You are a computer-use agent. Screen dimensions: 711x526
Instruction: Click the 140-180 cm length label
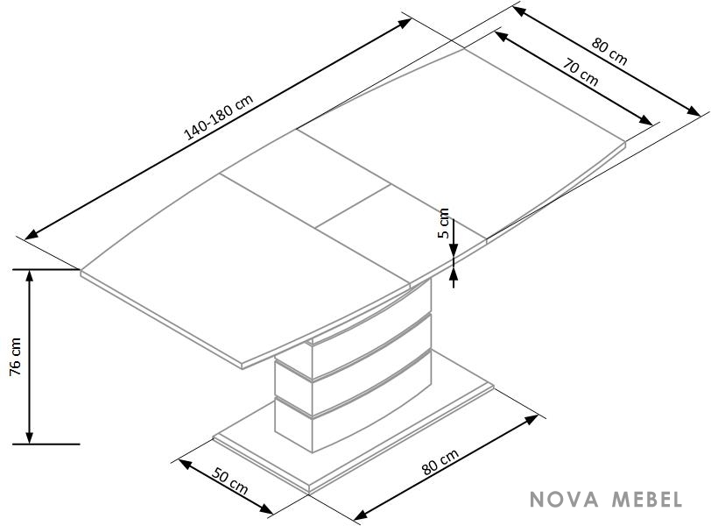pyautogui.click(x=218, y=117)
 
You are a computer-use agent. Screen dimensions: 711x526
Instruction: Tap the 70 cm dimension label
pyautogui.click(x=581, y=72)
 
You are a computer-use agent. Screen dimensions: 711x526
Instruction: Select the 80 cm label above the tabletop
pyautogui.click(x=609, y=52)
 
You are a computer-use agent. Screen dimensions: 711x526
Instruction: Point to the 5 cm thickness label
pyautogui.click(x=445, y=223)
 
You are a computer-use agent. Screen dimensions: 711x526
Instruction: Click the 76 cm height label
pyautogui.click(x=15, y=356)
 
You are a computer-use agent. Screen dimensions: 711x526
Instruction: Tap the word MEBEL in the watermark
pyautogui.click(x=647, y=499)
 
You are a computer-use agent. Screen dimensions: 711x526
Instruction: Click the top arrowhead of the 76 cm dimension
pyautogui.click(x=30, y=275)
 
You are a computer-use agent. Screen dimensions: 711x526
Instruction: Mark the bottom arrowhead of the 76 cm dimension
pyautogui.click(x=30, y=437)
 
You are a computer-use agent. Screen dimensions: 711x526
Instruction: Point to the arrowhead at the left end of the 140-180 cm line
pyautogui.click(x=31, y=235)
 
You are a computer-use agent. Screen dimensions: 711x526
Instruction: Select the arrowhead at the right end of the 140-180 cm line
pyautogui.click(x=405, y=23)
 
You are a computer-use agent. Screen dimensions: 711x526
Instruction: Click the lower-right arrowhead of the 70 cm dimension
pyautogui.click(x=646, y=120)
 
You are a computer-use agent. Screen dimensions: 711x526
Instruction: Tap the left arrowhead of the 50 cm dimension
pyautogui.click(x=185, y=464)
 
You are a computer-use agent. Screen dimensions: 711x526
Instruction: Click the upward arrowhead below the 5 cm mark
pyautogui.click(x=454, y=274)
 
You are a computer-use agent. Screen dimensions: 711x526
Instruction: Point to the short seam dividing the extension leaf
pyautogui.click(x=353, y=206)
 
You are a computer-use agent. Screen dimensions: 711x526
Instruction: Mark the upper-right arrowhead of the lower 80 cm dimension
pyautogui.click(x=531, y=419)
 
